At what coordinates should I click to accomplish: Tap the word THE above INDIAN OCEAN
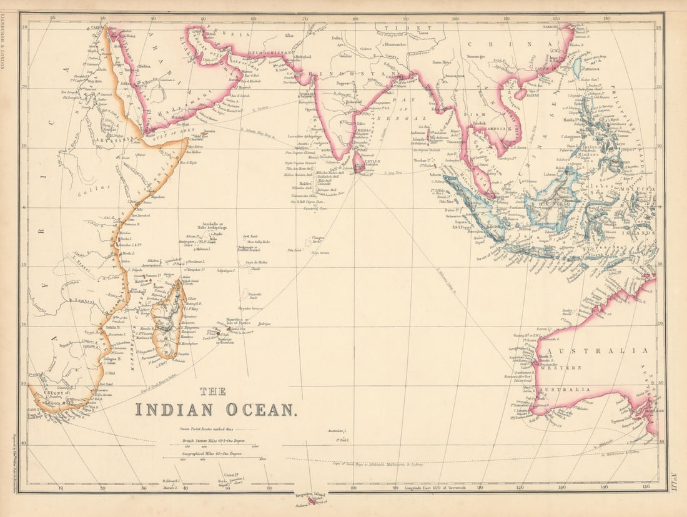(x=213, y=391)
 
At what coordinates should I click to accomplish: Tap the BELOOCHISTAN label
(x=267, y=46)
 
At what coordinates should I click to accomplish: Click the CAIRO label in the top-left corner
(x=97, y=28)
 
